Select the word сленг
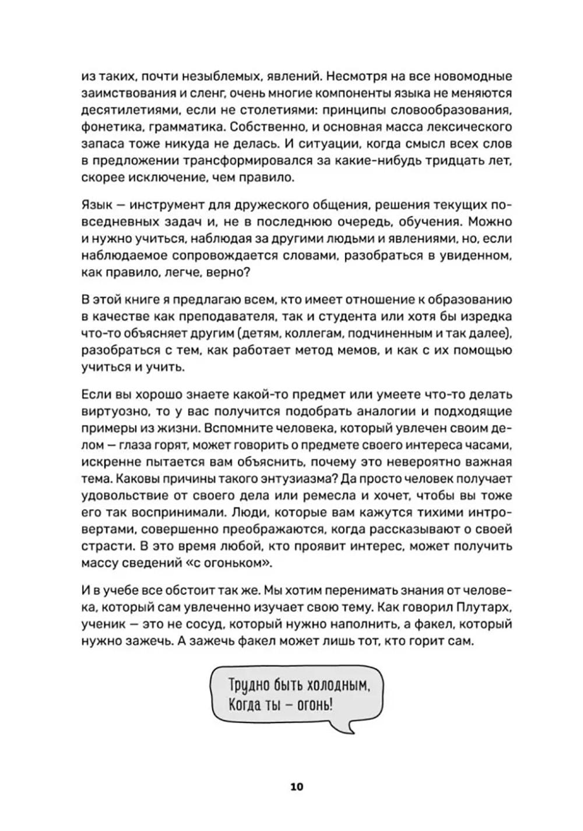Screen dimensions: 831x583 (x=200, y=93)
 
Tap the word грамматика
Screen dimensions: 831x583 (x=184, y=127)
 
